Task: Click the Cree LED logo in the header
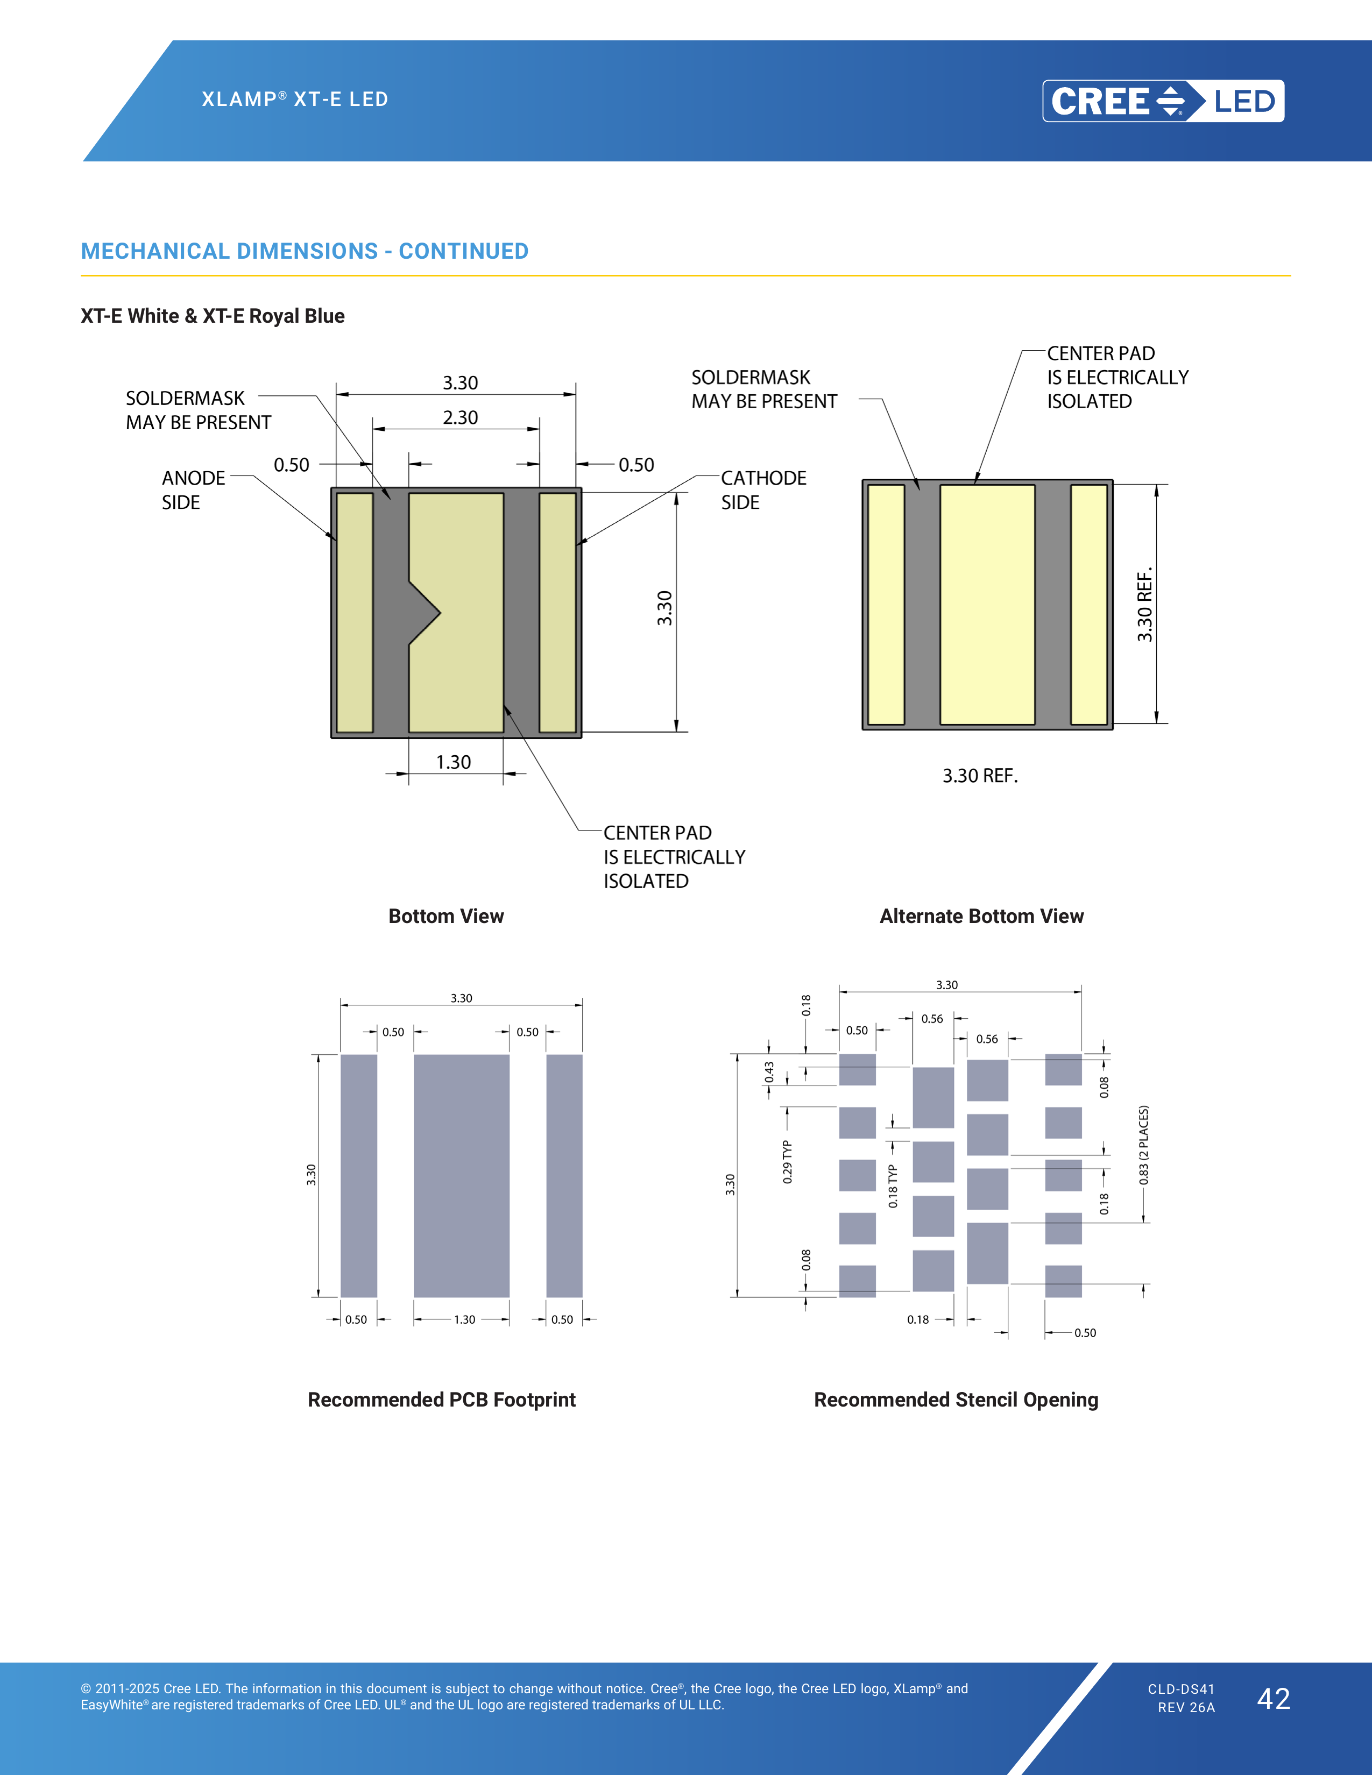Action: click(1163, 101)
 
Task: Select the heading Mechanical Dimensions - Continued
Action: click(305, 251)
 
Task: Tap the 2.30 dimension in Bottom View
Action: click(460, 418)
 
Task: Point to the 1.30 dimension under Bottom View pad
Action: click(452, 762)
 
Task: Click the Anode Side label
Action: click(194, 490)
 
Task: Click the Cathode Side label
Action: click(763, 490)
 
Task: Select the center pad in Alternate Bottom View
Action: click(987, 604)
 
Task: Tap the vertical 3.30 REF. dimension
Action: click(1145, 604)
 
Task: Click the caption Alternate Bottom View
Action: click(981, 916)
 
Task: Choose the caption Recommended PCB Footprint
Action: click(441, 1400)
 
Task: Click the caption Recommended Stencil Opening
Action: click(956, 1400)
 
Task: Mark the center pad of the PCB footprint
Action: click(462, 1176)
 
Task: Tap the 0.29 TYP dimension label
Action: click(787, 1161)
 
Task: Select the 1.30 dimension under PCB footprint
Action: click(464, 1319)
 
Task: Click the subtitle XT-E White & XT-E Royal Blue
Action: click(212, 316)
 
